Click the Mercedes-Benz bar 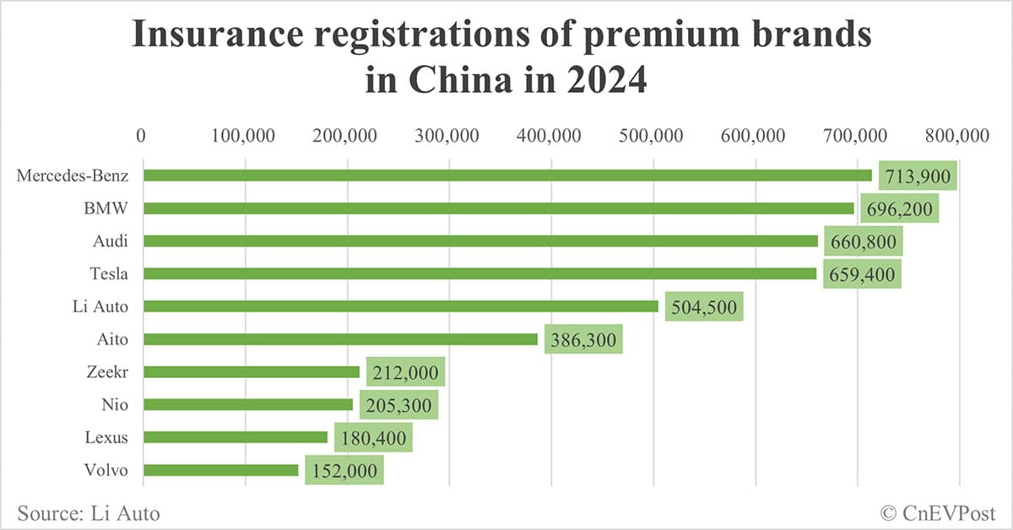pyautogui.click(x=506, y=176)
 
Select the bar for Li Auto pyautogui.click(x=400, y=306)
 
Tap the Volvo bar pyautogui.click(x=220, y=470)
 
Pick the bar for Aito pyautogui.click(x=340, y=339)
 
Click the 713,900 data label pyautogui.click(x=918, y=176)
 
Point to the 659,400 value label pyautogui.click(x=862, y=274)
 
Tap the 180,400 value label pyautogui.click(x=373, y=438)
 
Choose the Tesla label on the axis pyautogui.click(x=109, y=273)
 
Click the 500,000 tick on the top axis pyautogui.click(x=654, y=136)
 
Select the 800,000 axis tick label pyautogui.click(x=960, y=136)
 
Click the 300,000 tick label pyautogui.click(x=449, y=136)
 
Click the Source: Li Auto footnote pyautogui.click(x=88, y=512)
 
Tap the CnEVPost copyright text pyautogui.click(x=936, y=512)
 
